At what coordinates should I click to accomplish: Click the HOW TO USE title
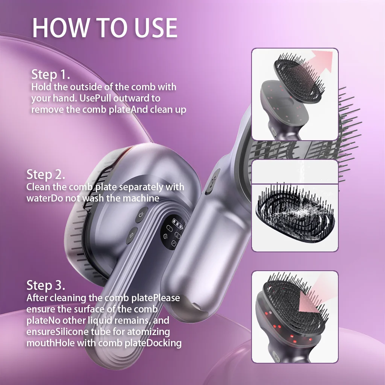[x=105, y=27]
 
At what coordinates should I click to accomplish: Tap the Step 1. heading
[x=51, y=74]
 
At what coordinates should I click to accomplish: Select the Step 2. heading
[x=46, y=174]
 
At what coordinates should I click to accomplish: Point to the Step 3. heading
[x=46, y=285]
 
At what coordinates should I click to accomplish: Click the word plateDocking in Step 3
[x=153, y=343]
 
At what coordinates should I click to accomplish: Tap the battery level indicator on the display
[x=178, y=223]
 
